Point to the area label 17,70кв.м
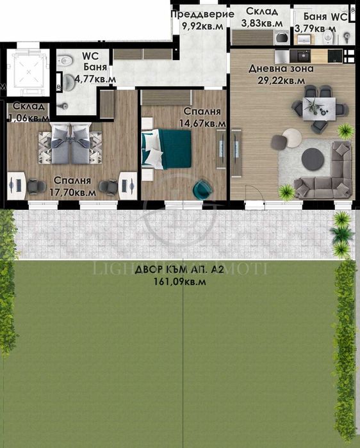75,191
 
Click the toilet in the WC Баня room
64,62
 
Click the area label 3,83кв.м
262,23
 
